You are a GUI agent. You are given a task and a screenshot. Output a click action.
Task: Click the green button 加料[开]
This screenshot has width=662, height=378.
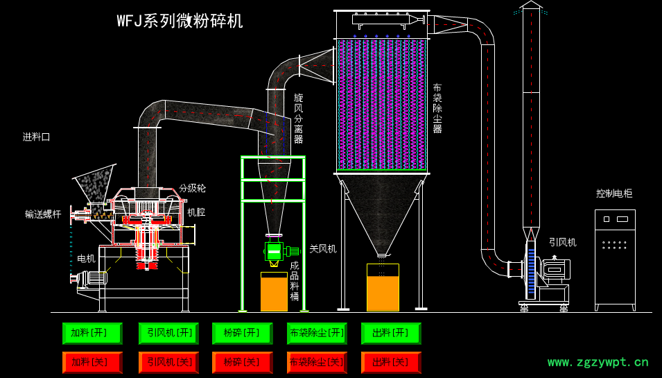pos(92,334)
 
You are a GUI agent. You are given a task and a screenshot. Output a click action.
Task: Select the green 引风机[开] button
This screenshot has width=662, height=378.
pos(168,334)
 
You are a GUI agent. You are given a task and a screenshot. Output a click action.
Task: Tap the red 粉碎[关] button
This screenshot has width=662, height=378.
pos(243,362)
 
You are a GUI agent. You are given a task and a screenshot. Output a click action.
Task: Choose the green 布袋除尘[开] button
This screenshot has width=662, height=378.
pos(317,334)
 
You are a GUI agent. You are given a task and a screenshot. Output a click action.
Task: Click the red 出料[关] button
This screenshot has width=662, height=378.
pos(391,362)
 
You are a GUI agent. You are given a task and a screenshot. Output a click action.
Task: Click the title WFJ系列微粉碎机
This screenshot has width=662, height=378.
pos(180,21)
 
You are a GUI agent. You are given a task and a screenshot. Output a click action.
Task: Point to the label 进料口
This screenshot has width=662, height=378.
pos(37,137)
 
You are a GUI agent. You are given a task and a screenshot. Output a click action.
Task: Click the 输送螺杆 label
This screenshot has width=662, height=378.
pos(43,214)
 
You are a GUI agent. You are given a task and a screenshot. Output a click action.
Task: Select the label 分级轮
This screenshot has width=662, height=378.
pos(192,188)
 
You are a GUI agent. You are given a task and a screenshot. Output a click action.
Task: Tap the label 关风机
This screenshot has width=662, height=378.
pos(322,248)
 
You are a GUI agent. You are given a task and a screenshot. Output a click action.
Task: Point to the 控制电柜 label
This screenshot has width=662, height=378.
pos(614,194)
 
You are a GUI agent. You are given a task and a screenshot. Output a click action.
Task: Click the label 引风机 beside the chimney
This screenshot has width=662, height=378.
pos(562,242)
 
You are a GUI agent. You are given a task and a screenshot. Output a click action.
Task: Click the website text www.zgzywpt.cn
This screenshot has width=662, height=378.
pos(598,362)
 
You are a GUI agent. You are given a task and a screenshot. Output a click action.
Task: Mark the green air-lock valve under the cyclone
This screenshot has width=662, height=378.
pos(275,251)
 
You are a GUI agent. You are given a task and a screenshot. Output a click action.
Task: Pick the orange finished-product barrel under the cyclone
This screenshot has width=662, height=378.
pos(274,292)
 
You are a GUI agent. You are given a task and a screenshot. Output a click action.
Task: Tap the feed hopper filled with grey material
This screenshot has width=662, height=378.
pos(96,184)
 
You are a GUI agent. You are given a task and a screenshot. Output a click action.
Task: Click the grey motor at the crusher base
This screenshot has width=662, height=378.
pos(90,278)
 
